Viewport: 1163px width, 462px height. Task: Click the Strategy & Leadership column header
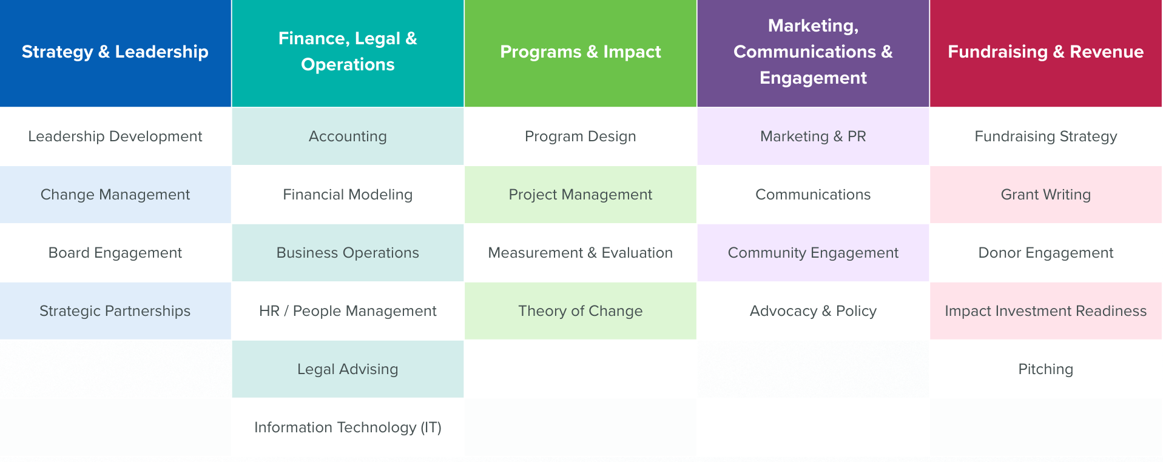click(x=115, y=53)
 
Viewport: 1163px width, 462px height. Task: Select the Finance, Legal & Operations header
click(x=348, y=53)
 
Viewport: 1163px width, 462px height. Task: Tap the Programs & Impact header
click(x=581, y=53)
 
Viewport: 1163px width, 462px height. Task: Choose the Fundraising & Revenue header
click(x=1046, y=53)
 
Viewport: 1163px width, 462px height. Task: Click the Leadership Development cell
click(x=115, y=136)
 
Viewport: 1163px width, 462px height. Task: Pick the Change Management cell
click(x=115, y=195)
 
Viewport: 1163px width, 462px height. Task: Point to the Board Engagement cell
click(x=115, y=253)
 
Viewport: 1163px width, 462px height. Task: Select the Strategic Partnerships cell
click(x=115, y=311)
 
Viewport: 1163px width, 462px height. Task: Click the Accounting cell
click(x=348, y=136)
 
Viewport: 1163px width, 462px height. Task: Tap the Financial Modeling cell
click(x=348, y=195)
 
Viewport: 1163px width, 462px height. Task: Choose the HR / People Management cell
click(x=348, y=311)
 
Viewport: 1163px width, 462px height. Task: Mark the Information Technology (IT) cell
click(x=348, y=427)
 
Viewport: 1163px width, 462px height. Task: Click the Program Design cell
click(x=581, y=136)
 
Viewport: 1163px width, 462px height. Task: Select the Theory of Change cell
click(x=581, y=311)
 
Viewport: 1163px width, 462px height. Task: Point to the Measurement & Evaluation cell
click(x=581, y=253)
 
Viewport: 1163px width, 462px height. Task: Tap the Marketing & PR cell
click(x=813, y=136)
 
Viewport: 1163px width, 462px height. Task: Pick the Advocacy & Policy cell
click(x=813, y=311)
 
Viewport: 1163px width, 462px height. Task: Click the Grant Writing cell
click(x=1046, y=195)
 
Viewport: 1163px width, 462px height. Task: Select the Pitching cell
click(x=1046, y=369)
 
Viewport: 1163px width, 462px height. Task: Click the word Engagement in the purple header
click(x=813, y=79)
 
